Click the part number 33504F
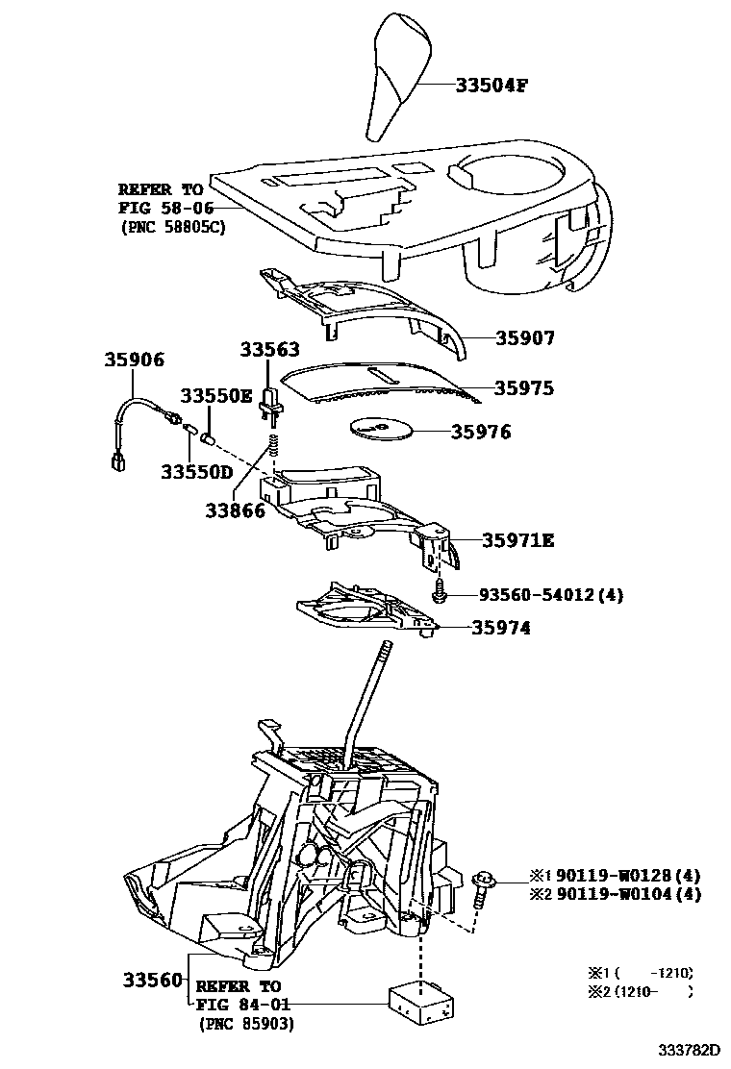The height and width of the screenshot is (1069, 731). point(492,85)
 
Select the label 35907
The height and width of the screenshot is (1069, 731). point(525,338)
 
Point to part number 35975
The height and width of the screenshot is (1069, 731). point(524,388)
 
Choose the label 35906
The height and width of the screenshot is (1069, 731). point(135,360)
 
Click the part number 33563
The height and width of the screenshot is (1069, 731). point(269,351)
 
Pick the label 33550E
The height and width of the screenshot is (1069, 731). point(217,396)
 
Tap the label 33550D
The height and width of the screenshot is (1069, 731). point(196,471)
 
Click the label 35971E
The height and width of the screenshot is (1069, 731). point(517,540)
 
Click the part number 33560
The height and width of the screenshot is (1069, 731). point(152,980)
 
